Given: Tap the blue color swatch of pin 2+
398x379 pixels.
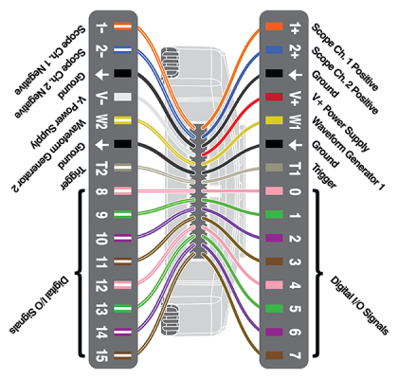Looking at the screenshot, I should [x=273, y=50].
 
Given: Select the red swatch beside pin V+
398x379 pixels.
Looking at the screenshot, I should [x=273, y=97].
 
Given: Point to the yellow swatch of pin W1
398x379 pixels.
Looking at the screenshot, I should [x=273, y=120].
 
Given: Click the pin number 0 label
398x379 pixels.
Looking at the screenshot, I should [x=296, y=190].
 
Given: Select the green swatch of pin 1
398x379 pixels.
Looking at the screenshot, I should [x=273, y=214].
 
